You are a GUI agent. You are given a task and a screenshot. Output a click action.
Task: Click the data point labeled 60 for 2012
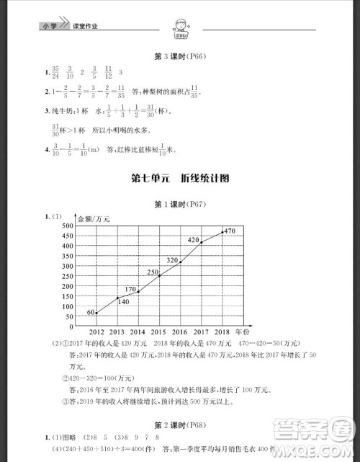pos(96,313)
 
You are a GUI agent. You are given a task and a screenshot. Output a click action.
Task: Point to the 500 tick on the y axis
pos(69,226)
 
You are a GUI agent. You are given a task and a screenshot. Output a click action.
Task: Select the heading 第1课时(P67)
pos(180,205)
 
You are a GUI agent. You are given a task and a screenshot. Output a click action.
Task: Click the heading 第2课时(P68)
pos(180,404)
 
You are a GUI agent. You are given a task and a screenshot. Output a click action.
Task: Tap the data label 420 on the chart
pos(193,239)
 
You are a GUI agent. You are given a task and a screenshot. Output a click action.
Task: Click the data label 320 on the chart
pos(173,259)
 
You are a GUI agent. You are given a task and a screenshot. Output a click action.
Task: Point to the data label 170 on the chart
pos(130,289)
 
